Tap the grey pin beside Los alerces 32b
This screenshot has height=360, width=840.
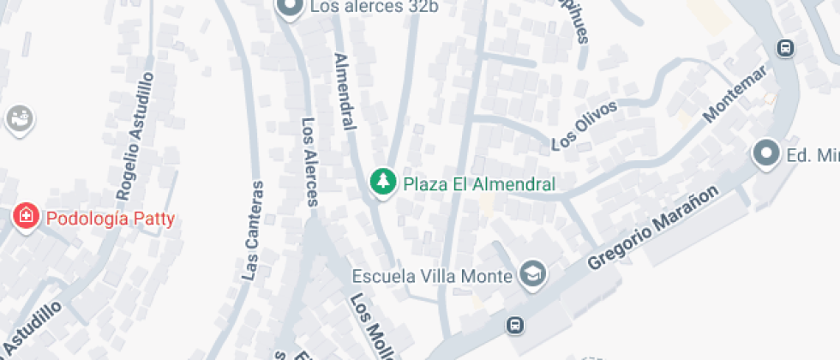click(x=290, y=9)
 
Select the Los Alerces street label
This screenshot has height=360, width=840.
click(x=309, y=161)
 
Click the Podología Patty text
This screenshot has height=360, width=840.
click(x=111, y=219)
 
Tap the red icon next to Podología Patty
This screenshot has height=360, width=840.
click(x=27, y=217)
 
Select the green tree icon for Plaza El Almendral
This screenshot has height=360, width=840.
click(x=382, y=183)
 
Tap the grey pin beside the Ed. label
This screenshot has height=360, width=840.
click(x=764, y=154)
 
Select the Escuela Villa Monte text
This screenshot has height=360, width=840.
click(x=433, y=276)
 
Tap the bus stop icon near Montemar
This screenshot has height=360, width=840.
click(x=784, y=47)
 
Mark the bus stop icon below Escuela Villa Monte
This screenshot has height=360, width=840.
click(x=514, y=325)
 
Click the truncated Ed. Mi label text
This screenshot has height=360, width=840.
click(x=813, y=155)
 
